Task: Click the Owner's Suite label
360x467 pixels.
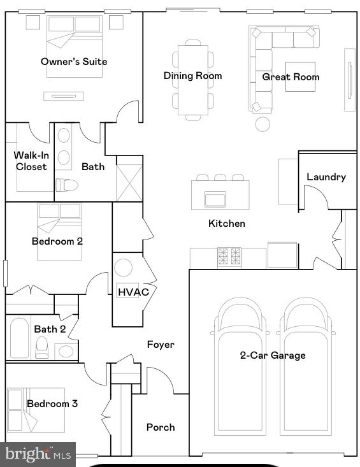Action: tap(74, 62)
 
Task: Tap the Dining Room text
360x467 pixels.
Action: tap(192, 76)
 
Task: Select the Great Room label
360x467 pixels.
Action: tap(291, 77)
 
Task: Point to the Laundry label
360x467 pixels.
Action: tap(326, 177)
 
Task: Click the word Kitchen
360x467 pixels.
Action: tap(226, 224)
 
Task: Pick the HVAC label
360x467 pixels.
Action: tap(133, 292)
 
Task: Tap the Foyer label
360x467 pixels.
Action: tap(160, 345)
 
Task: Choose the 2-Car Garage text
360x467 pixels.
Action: tap(272, 356)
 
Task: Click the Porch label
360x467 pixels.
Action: tap(160, 427)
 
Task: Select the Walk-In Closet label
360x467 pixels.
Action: tap(31, 161)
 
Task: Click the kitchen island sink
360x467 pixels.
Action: tap(215, 199)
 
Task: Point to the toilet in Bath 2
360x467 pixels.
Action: tap(42, 348)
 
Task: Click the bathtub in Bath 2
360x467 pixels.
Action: tap(20, 338)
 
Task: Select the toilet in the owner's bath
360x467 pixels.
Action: tap(66, 185)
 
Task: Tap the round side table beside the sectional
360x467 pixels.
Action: tap(263, 124)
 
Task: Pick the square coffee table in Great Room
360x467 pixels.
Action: tap(299, 76)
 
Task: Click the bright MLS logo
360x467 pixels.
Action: tap(38, 454)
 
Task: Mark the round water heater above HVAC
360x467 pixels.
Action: tap(123, 268)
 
